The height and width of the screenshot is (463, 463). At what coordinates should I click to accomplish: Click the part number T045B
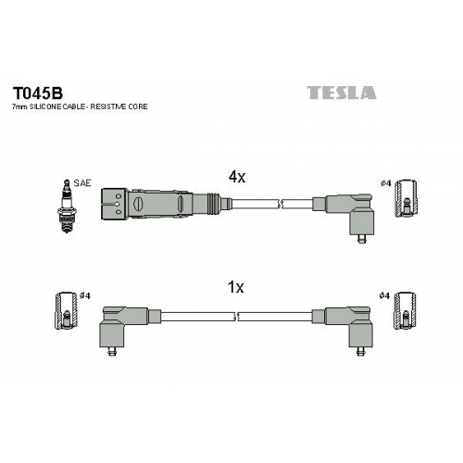37,93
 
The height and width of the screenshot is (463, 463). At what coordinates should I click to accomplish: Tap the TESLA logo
342,93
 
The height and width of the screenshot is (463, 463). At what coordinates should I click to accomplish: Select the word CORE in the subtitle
138,106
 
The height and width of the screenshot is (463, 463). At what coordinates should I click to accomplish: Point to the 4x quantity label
237,177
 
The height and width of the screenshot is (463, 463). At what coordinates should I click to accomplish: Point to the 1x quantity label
235,287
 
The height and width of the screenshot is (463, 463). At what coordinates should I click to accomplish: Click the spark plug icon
67,206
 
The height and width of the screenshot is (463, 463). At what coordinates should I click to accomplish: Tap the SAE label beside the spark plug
82,183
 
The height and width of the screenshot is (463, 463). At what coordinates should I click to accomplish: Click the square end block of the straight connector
115,204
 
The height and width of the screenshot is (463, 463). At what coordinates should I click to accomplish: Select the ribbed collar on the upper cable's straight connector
214,204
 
